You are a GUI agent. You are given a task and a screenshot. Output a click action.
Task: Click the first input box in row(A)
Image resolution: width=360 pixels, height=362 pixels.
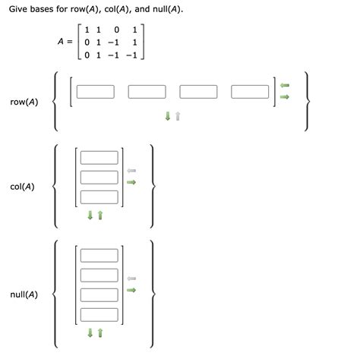(x=95, y=92)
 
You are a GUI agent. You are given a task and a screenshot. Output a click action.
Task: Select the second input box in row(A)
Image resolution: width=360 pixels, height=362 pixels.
(x=147, y=92)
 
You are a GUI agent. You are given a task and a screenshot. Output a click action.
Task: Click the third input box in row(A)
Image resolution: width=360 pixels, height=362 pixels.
(x=198, y=92)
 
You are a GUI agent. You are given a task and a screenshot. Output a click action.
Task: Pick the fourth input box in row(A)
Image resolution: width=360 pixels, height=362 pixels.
(x=250, y=92)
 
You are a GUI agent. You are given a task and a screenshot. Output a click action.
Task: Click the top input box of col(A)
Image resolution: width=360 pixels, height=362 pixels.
(x=99, y=158)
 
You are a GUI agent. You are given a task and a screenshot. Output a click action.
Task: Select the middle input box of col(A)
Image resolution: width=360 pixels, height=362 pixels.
(x=99, y=177)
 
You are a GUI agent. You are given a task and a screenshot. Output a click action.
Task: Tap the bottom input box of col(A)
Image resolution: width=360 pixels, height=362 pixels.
(x=99, y=197)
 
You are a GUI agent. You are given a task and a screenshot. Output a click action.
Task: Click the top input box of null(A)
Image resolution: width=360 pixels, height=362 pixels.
(x=99, y=256)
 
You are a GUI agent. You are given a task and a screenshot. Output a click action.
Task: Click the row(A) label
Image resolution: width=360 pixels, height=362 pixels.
(x=24, y=102)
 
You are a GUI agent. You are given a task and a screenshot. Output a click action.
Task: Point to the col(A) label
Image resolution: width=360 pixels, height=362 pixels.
(x=22, y=186)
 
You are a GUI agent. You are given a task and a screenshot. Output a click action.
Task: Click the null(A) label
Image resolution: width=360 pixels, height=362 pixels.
(x=24, y=294)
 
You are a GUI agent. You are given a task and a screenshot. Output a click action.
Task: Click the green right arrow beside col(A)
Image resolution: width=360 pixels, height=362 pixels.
(x=131, y=182)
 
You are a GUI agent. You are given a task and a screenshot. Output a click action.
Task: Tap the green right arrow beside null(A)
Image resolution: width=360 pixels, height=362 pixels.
(x=131, y=289)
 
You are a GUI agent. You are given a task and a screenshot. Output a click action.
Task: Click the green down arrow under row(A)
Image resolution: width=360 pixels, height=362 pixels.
(x=168, y=116)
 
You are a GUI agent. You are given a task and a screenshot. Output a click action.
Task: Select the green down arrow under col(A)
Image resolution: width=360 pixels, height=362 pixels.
(x=90, y=215)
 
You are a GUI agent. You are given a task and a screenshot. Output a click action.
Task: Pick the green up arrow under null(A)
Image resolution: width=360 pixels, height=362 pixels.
(x=99, y=332)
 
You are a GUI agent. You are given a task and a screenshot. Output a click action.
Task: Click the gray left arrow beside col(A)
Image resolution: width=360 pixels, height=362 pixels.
(x=131, y=171)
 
